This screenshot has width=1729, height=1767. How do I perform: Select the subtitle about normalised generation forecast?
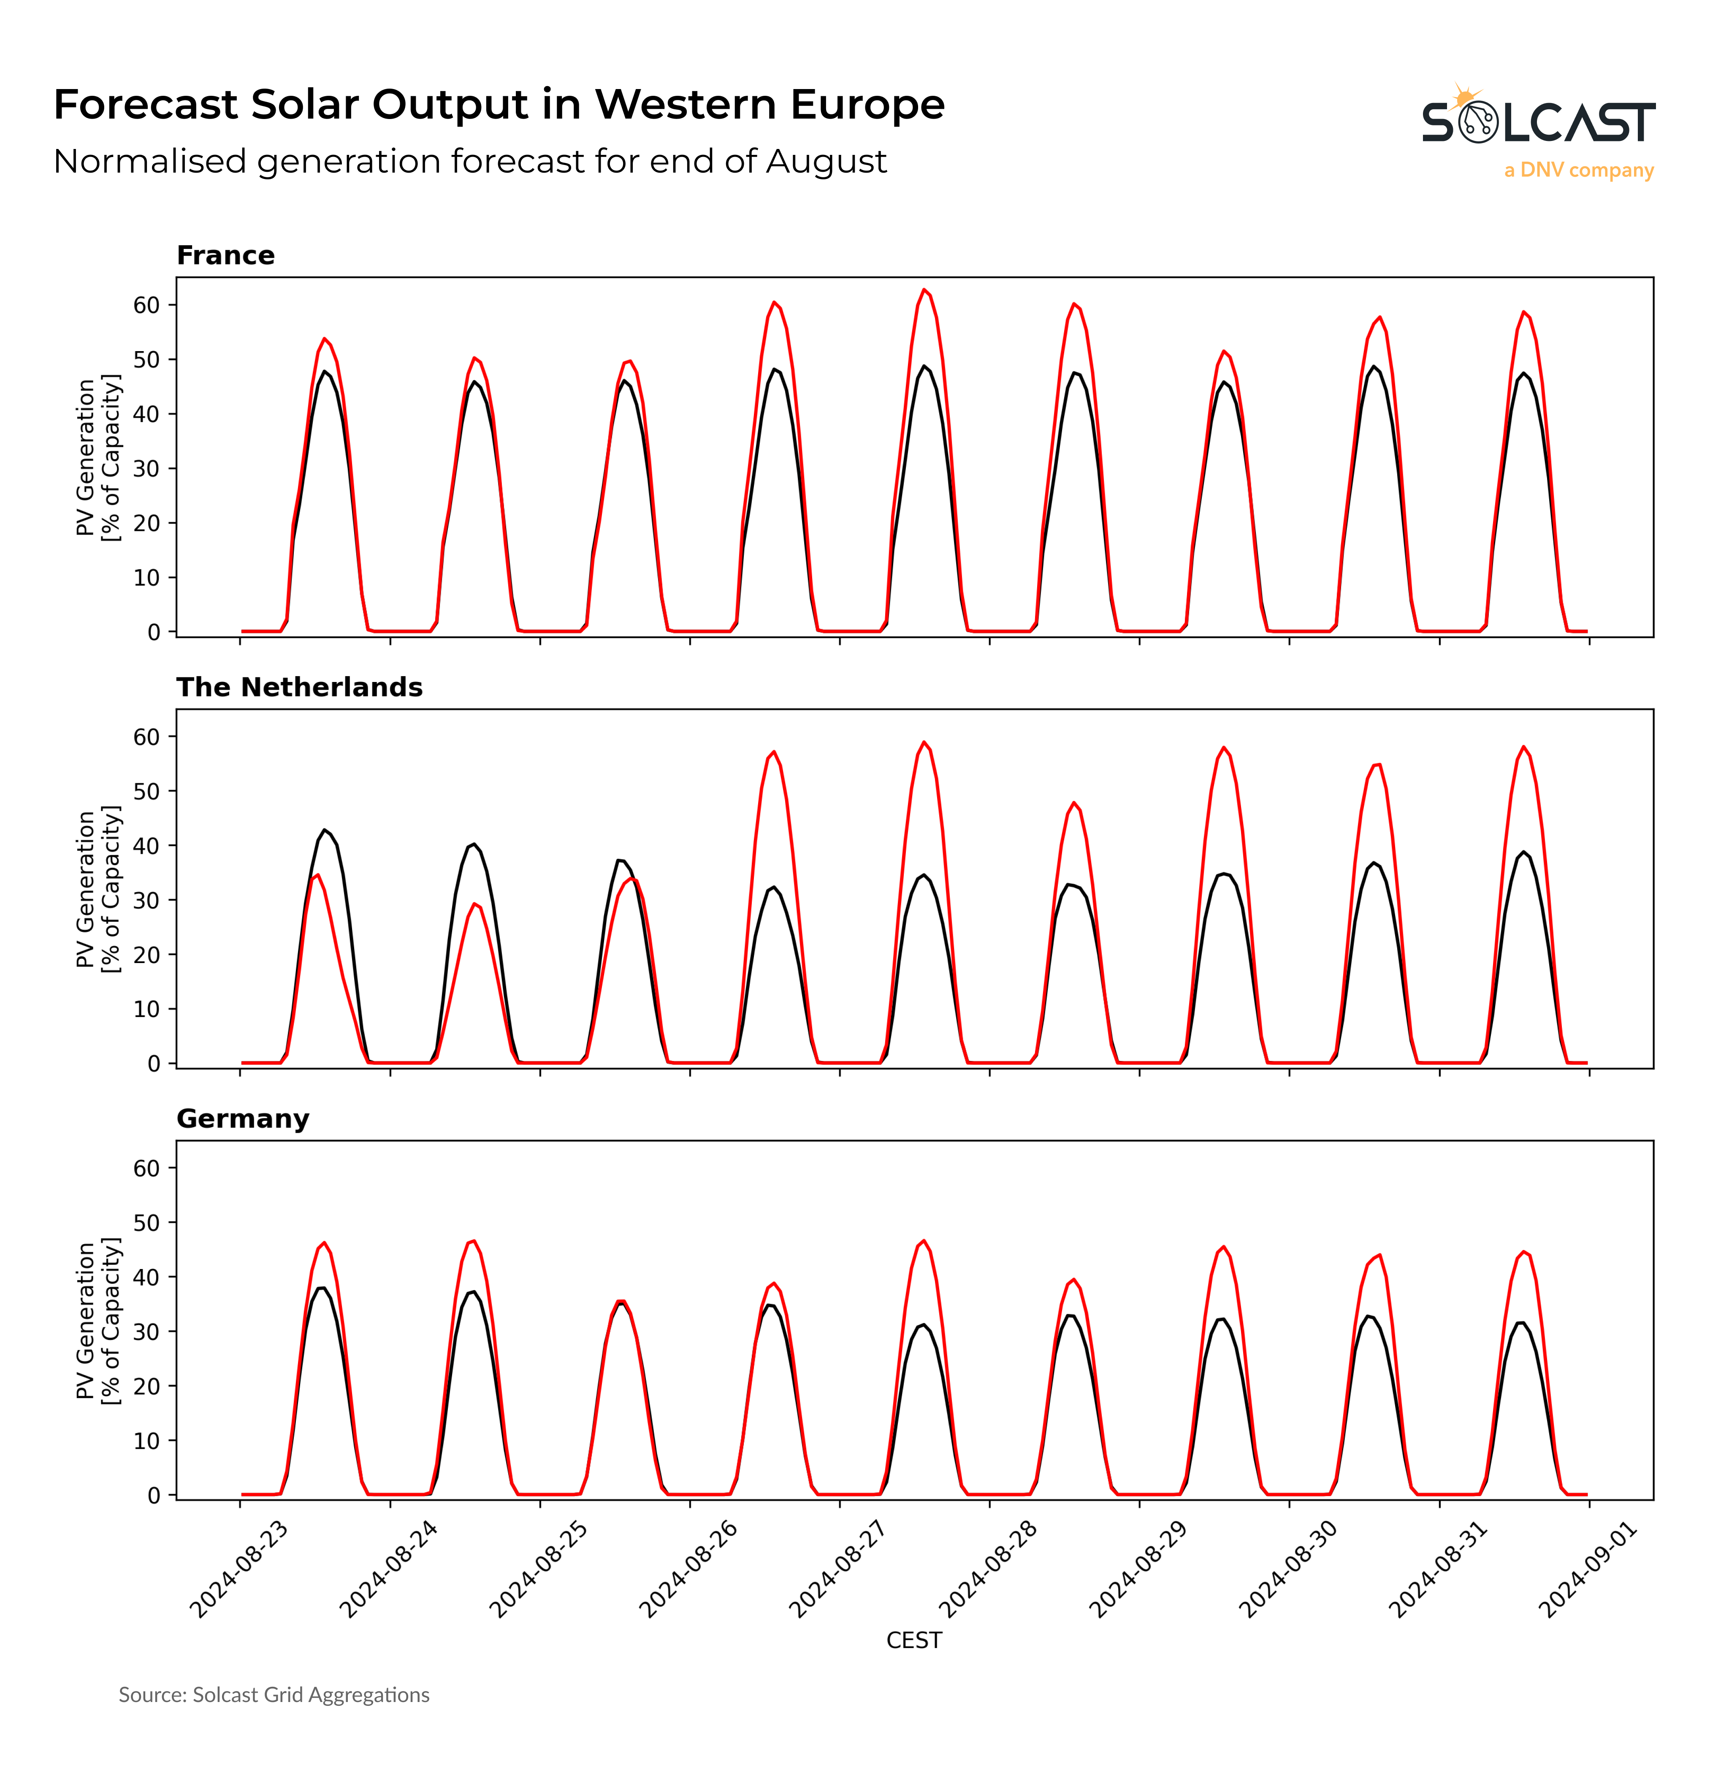point(469,162)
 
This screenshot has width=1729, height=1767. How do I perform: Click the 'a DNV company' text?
point(1578,170)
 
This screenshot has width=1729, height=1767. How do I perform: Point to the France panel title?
point(225,255)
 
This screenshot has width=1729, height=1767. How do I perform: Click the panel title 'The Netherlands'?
point(299,687)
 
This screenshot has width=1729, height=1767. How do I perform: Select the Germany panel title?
point(242,1119)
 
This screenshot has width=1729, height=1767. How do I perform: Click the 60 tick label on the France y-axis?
point(146,305)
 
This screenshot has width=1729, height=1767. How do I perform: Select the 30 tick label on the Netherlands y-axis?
point(146,900)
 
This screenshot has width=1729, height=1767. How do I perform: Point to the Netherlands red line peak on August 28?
point(1073,803)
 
